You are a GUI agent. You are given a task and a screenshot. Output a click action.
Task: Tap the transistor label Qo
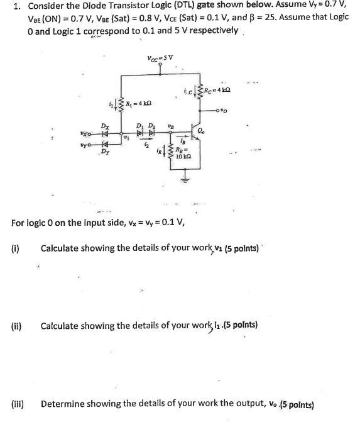[203, 131]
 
